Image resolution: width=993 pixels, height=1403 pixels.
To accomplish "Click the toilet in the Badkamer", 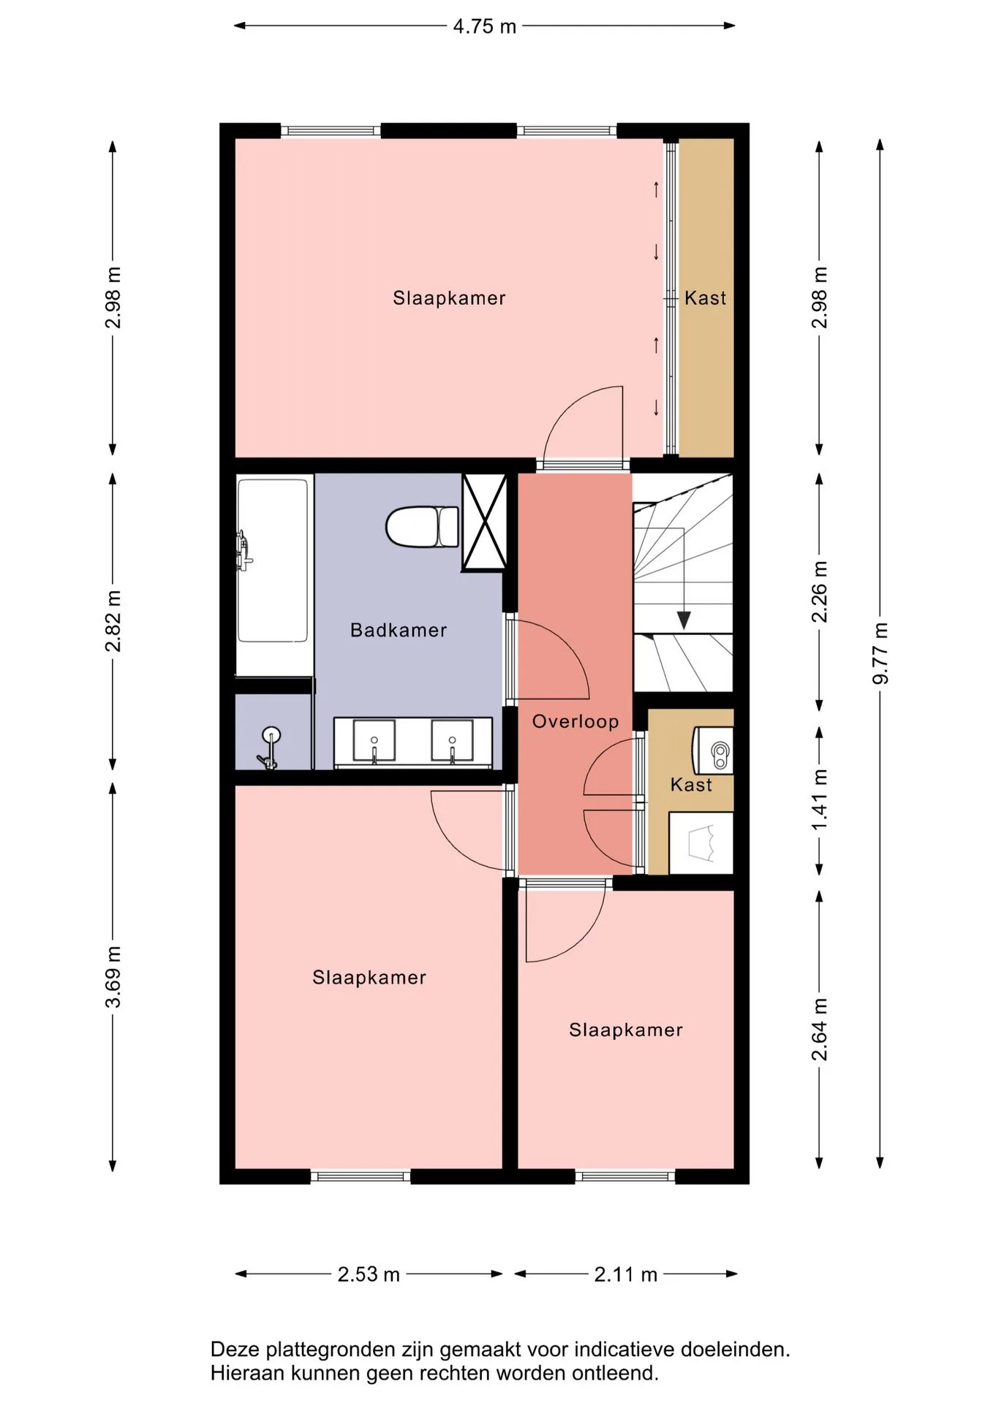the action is point(422,526).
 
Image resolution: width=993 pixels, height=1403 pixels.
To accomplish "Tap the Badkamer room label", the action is point(399,630).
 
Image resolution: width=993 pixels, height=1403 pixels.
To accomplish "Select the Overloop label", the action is point(575,721).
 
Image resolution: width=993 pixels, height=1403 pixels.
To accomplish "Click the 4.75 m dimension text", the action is point(485,26).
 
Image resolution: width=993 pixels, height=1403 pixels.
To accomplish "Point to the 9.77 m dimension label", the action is point(880,653).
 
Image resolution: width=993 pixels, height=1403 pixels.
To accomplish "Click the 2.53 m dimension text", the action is point(369,1274).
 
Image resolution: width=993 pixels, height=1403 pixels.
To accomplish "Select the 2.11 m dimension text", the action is point(626,1274).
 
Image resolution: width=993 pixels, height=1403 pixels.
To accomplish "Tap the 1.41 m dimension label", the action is point(820,799).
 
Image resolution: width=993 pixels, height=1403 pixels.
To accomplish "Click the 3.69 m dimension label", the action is point(113,977).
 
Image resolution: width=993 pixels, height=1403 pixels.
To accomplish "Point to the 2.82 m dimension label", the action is point(113,620).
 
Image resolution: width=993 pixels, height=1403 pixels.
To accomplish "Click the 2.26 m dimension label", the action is point(820,591).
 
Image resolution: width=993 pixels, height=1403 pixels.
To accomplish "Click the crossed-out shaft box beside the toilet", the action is point(485,522).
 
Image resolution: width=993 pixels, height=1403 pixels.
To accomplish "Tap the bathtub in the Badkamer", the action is point(272,560).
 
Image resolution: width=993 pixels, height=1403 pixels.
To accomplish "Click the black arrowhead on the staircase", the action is point(684,620).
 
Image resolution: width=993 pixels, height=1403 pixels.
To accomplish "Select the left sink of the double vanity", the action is point(374,741).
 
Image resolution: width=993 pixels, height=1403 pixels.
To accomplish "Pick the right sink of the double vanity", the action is point(452,741).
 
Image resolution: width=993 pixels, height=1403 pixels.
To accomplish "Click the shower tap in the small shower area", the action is point(269,748).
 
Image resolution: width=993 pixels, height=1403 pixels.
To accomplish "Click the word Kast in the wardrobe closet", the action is point(706,298).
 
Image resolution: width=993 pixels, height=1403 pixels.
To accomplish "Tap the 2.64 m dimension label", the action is point(820,1030).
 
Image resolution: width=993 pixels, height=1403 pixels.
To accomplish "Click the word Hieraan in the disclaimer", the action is point(245,1373).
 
